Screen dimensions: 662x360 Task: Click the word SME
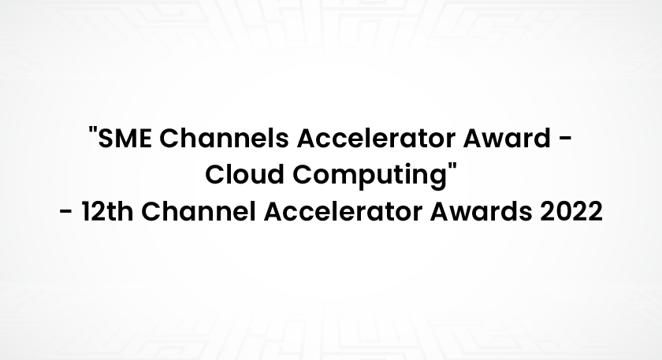125,138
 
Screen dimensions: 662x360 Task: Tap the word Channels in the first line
224,138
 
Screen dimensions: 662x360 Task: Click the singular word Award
507,138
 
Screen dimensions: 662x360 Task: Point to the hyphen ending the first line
566,139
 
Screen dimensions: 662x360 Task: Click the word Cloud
244,174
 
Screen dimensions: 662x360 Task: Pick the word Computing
370,176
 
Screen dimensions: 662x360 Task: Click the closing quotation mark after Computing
453,166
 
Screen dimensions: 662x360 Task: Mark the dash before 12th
66,212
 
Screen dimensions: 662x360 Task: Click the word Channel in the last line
198,211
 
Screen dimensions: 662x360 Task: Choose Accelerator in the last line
343,211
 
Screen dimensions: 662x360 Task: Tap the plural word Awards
481,211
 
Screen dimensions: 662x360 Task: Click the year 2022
571,211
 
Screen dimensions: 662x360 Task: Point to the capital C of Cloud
215,175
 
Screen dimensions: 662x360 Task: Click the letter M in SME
126,138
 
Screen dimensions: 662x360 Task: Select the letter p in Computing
363,179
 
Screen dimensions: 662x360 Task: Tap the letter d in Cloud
275,174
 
